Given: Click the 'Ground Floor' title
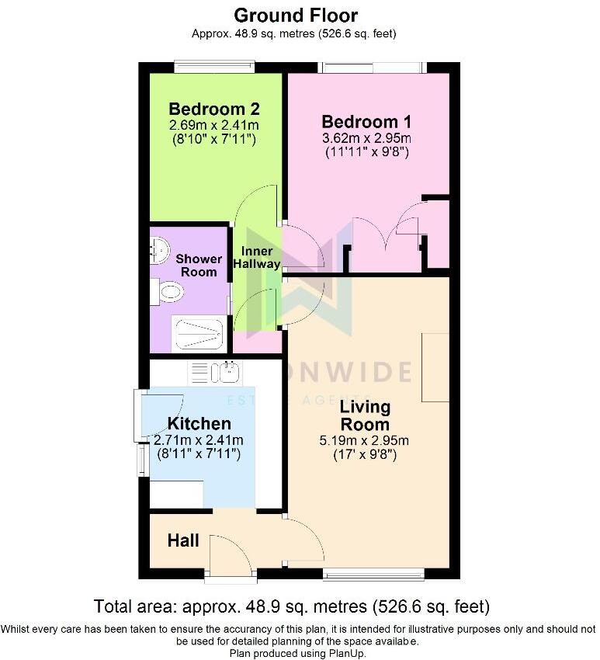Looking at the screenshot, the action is (296, 16).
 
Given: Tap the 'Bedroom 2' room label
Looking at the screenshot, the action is (214, 109).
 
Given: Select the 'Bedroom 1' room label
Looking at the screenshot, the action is (366, 122).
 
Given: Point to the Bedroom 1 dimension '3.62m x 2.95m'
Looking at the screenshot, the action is (366, 138).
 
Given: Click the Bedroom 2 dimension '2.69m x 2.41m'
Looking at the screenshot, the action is (214, 125).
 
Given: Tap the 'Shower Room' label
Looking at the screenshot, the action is (199, 266).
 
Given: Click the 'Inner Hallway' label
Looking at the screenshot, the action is (257, 257).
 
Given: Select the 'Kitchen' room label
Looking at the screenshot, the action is (199, 423).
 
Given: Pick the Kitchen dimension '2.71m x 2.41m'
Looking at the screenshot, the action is (199, 440).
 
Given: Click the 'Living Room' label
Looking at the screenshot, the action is (366, 415).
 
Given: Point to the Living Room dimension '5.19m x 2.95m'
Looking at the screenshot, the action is (364, 441).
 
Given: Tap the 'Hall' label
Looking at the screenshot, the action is (183, 540).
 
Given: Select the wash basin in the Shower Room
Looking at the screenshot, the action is (159, 249).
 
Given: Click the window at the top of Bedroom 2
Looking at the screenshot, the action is (214, 68).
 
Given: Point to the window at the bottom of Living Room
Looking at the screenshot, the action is (373, 574).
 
